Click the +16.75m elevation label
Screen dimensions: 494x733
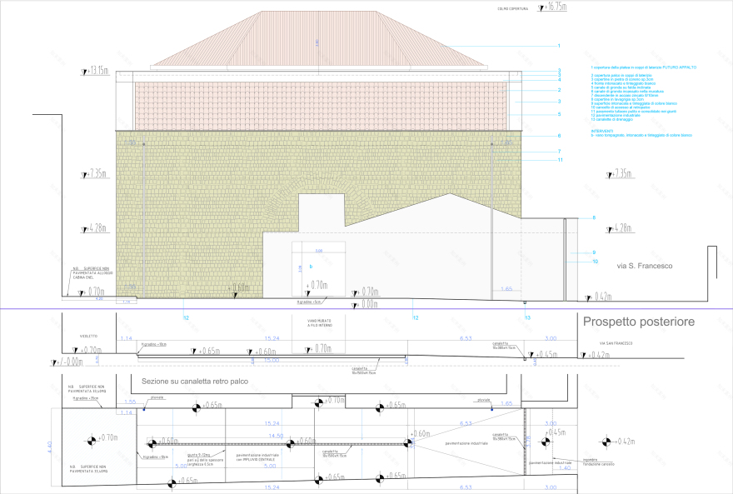click(556, 7)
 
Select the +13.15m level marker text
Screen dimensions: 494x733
click(98, 71)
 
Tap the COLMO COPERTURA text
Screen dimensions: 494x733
click(513, 9)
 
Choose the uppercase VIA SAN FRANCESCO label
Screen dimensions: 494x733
click(616, 343)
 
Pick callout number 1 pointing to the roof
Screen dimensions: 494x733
click(559, 45)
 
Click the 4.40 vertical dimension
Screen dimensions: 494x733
click(50, 447)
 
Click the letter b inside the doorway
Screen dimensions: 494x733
click(311, 266)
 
